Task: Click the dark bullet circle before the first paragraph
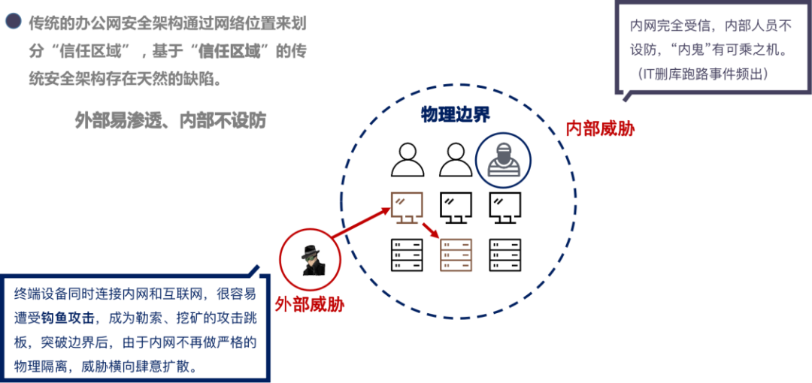pos(13,21)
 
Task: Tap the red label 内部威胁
pos(600,129)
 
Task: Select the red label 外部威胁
pos(309,306)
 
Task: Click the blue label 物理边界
pos(455,114)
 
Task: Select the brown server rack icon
pos(456,255)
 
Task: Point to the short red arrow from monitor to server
pos(431,230)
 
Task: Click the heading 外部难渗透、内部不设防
pos(171,120)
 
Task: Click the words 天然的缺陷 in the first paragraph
pos(180,80)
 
